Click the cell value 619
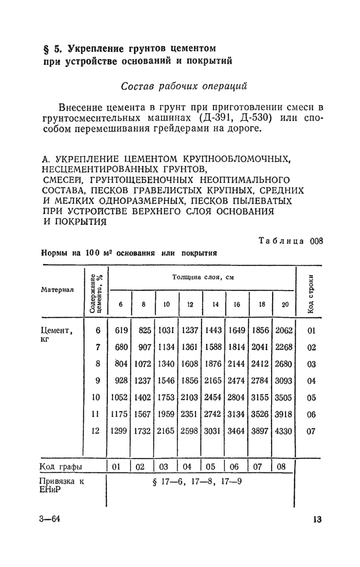(120, 331)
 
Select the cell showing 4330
(284, 431)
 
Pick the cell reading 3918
(284, 415)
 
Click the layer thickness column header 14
(215, 304)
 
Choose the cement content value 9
(98, 381)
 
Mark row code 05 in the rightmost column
(311, 398)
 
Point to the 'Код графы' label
(62, 467)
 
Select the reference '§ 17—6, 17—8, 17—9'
(197, 482)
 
